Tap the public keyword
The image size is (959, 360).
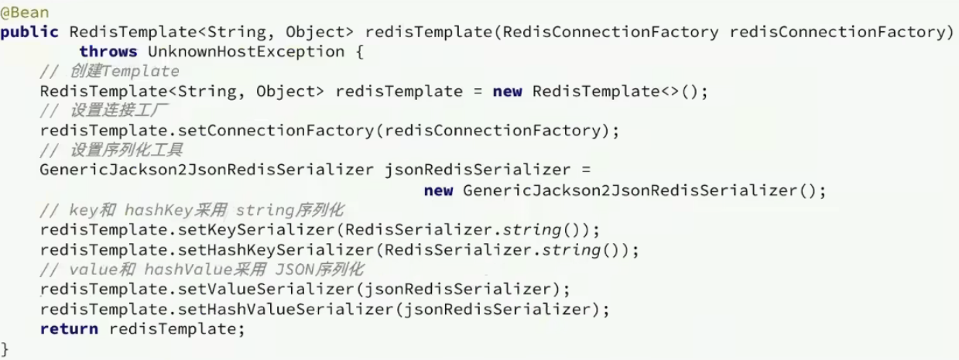[x=29, y=32]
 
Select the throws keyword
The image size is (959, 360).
[x=108, y=52]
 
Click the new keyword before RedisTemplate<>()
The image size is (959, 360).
[x=507, y=91]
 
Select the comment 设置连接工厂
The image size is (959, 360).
[x=109, y=111]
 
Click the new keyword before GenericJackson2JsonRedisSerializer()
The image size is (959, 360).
[x=438, y=190]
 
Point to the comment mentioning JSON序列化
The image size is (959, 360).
[x=202, y=270]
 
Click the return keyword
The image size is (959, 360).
[x=69, y=329]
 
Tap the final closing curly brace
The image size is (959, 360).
[x=5, y=348]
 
